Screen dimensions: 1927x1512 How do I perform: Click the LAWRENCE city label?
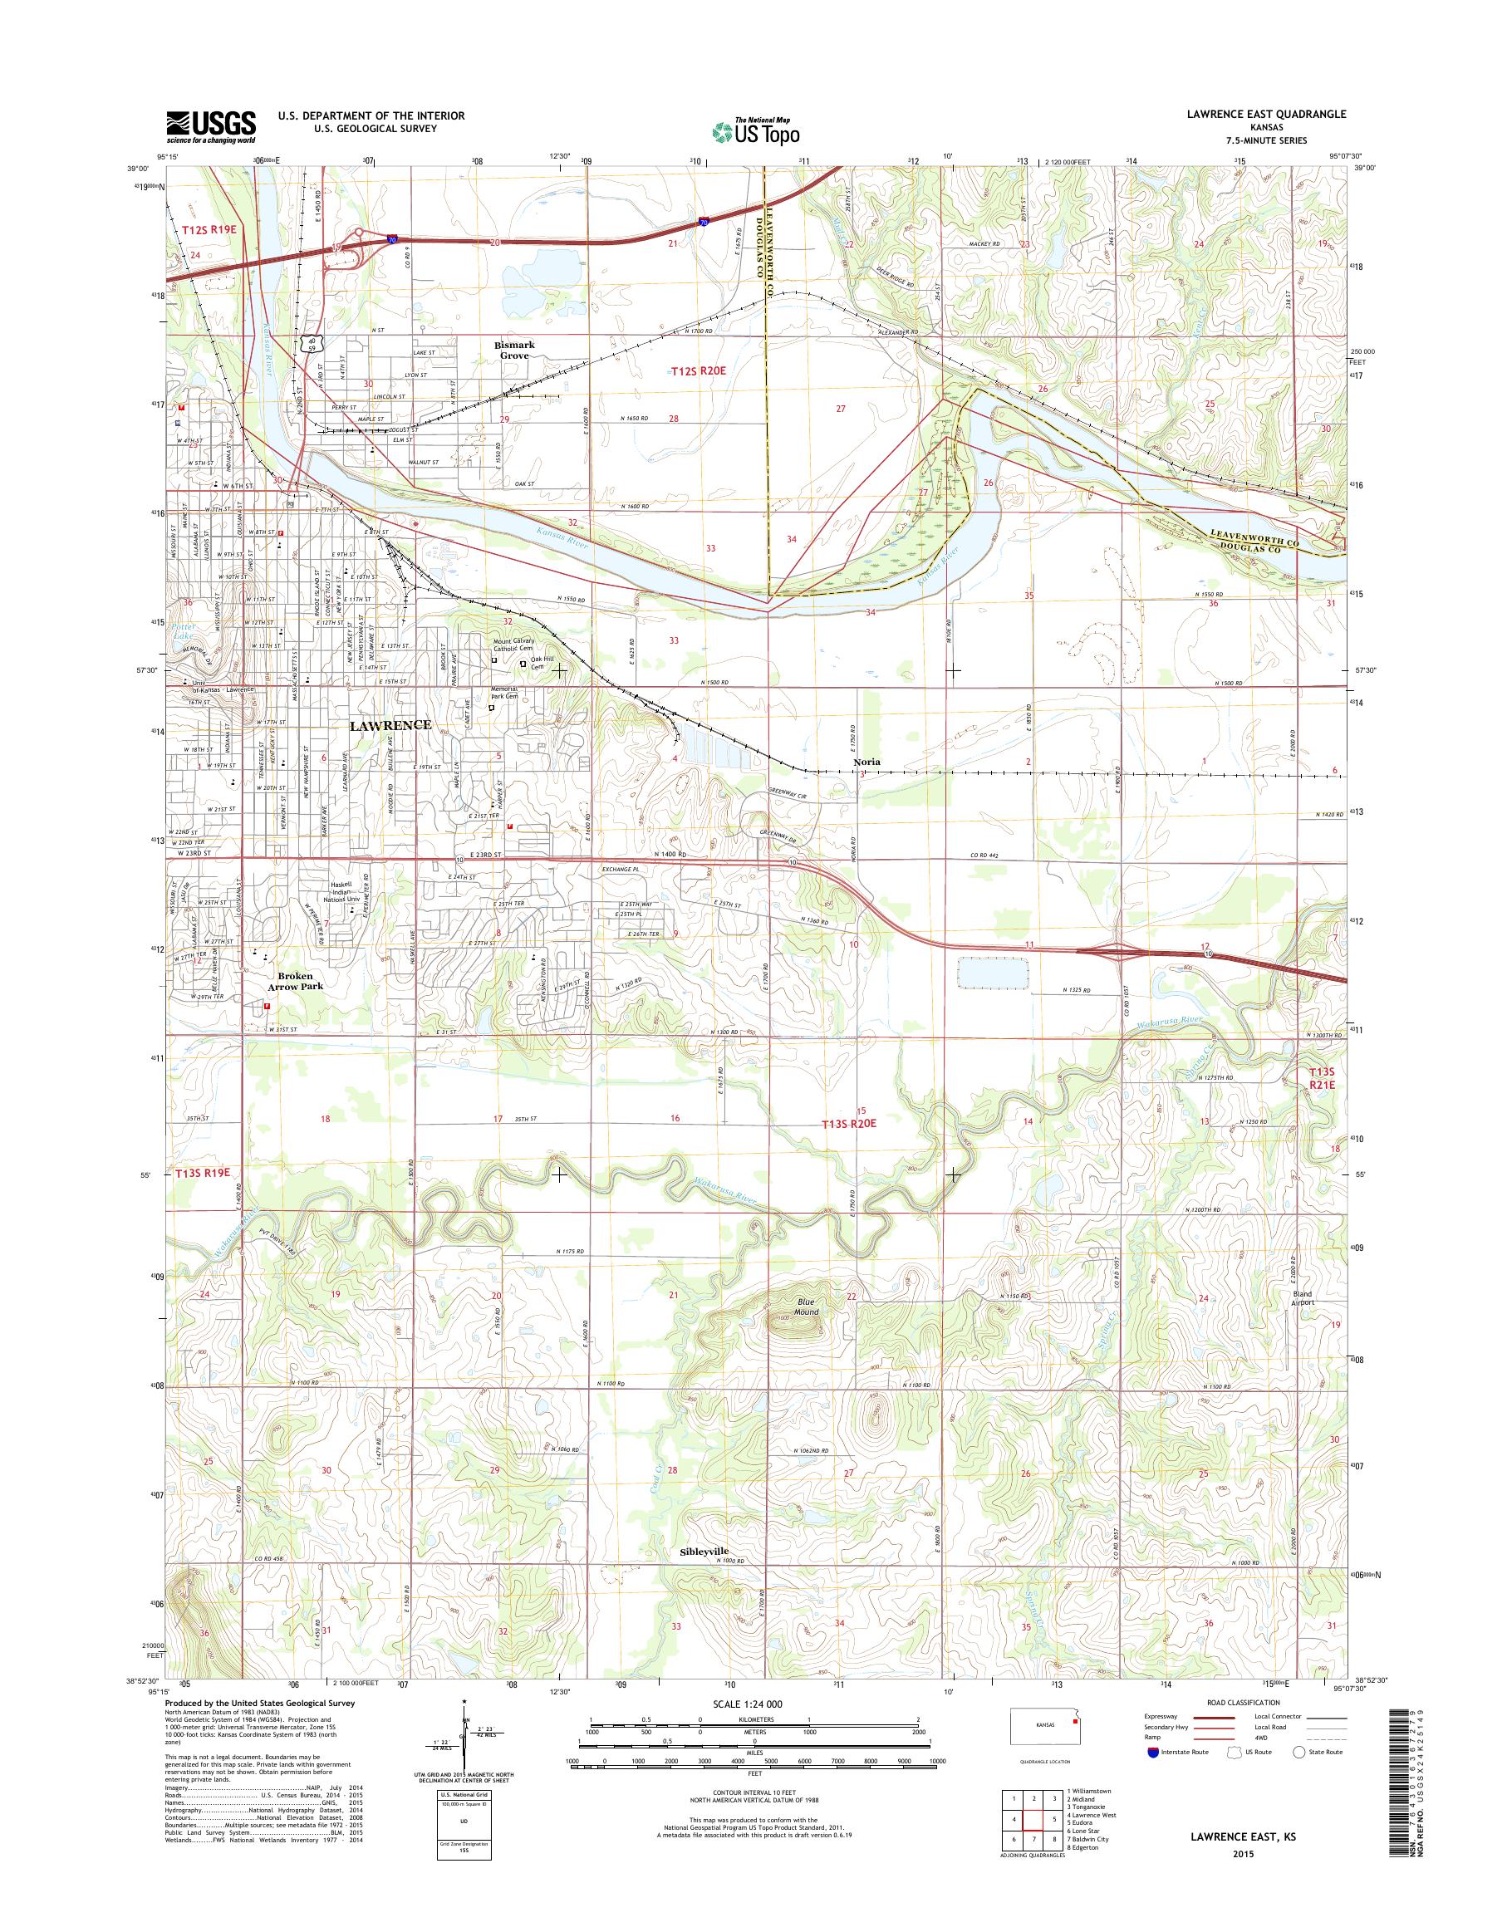[x=390, y=725]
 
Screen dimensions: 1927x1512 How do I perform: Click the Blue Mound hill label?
[x=807, y=1307]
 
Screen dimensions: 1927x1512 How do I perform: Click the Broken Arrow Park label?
[x=292, y=980]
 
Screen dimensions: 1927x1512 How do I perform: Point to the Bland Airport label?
[x=1301, y=1297]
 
